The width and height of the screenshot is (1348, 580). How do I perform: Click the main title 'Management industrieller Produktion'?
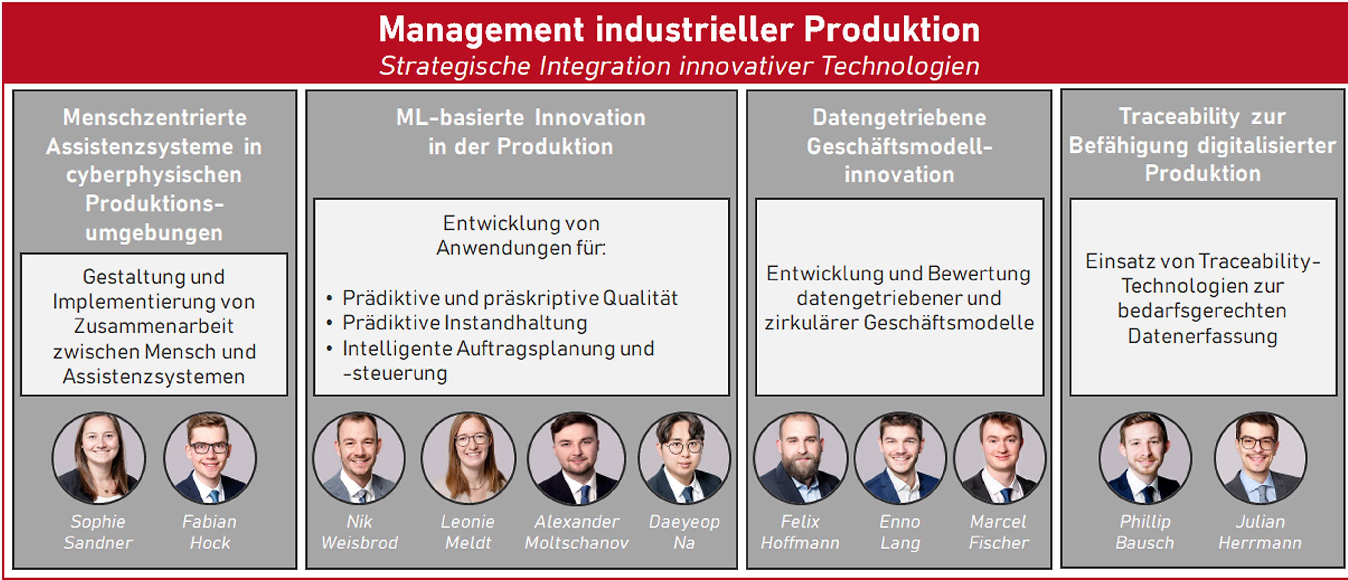[679, 29]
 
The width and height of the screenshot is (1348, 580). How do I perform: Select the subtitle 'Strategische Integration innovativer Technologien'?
[679, 66]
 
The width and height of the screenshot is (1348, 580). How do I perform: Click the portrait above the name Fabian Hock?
[210, 458]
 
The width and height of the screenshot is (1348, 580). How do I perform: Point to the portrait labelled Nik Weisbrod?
[359, 458]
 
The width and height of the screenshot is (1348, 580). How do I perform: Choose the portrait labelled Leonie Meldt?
[468, 458]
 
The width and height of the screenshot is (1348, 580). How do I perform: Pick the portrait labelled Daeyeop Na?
[684, 458]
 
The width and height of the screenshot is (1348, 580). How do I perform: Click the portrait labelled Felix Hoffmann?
[800, 458]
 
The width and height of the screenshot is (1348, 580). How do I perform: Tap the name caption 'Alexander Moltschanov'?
[577, 532]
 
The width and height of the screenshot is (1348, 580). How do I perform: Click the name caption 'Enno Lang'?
[900, 532]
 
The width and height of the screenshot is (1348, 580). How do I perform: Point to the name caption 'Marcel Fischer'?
[999, 532]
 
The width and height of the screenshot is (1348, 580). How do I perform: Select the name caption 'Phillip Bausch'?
[1145, 532]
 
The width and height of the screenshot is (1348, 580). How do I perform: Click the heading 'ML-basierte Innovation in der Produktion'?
[521, 132]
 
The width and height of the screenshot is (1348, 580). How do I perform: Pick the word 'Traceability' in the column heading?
[1179, 117]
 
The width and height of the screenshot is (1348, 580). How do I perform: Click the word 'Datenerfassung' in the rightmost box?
[1203, 336]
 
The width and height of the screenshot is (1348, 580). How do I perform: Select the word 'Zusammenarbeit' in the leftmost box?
[154, 326]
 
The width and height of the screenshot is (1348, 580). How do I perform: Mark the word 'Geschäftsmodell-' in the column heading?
[900, 147]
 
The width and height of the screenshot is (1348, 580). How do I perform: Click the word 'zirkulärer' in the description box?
[811, 323]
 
